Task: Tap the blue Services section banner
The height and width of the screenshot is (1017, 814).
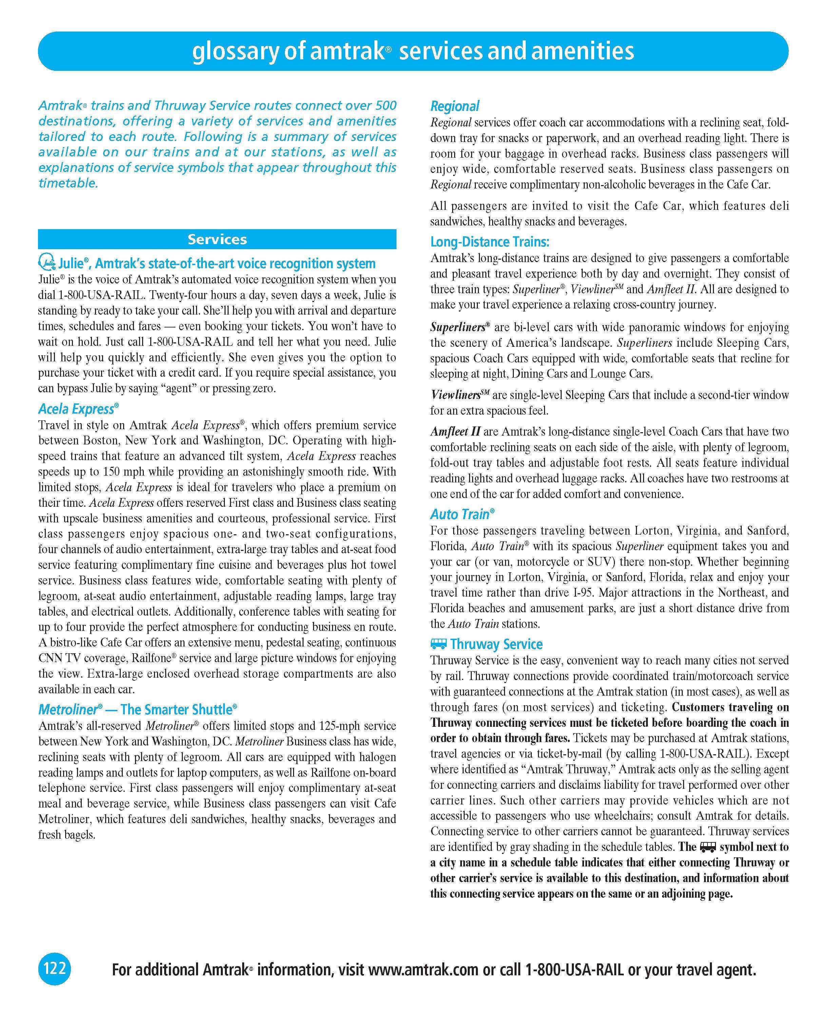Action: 217,239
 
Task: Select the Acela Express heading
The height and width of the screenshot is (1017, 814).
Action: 78,409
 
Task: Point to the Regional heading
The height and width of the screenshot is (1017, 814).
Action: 454,106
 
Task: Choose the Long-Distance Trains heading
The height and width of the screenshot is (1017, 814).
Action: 490,242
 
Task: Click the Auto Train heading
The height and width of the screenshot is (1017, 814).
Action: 462,514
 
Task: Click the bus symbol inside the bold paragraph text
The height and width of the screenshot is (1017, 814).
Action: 708,847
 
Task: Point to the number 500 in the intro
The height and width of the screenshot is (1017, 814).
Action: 386,106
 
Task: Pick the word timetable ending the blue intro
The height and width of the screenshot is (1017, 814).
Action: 67,183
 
